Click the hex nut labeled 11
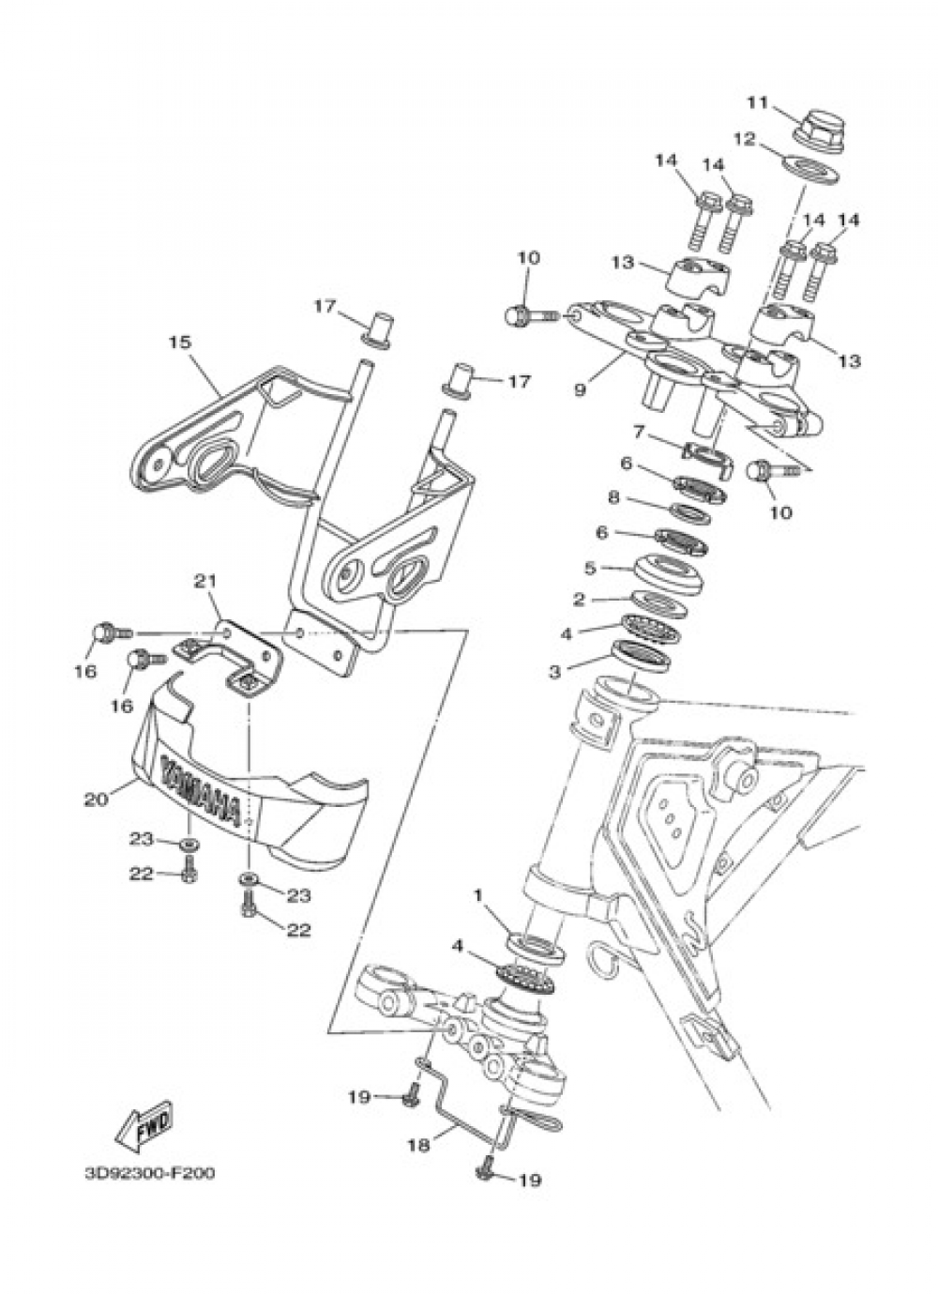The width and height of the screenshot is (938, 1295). click(816, 128)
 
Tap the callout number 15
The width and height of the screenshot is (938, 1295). click(179, 343)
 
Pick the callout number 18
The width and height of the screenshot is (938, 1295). click(419, 1145)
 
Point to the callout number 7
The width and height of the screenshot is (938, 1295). click(639, 432)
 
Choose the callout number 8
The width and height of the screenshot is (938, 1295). click(640, 497)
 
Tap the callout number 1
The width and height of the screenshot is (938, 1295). click(478, 896)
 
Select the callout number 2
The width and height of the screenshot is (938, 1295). click(579, 598)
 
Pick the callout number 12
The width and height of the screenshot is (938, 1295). click(744, 139)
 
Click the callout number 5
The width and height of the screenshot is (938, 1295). click(590, 568)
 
